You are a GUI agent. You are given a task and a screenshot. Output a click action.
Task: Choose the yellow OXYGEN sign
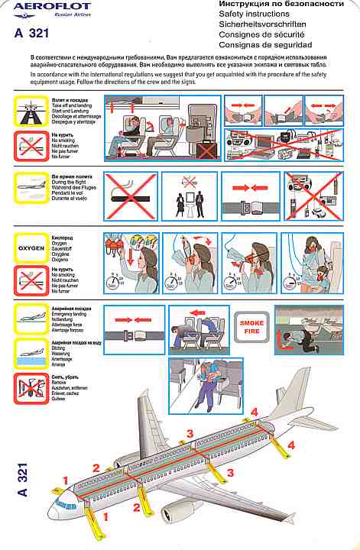31,247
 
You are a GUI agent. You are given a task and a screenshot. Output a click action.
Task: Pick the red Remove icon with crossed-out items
31,387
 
